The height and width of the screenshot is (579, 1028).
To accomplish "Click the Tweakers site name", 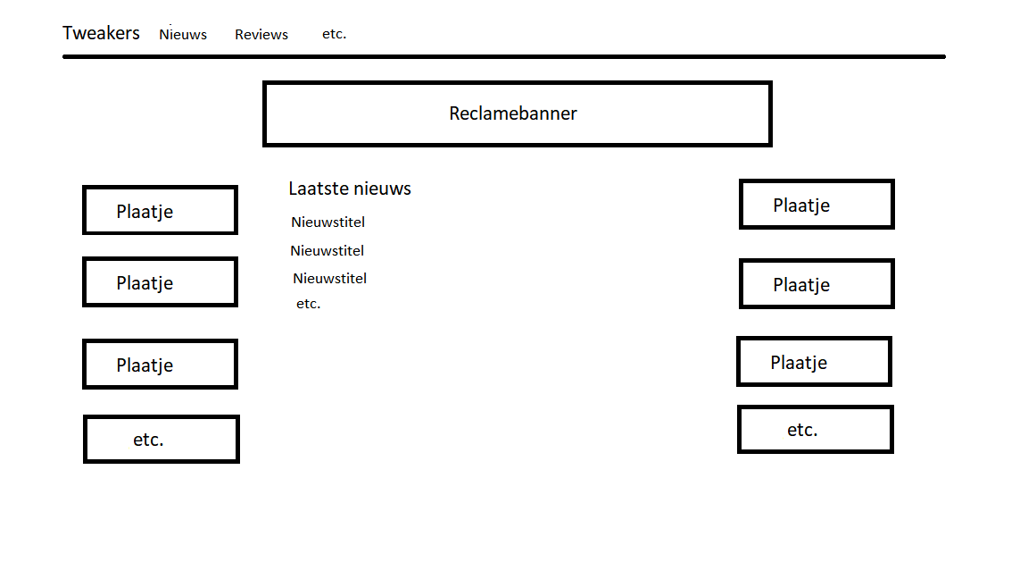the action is pyautogui.click(x=101, y=33).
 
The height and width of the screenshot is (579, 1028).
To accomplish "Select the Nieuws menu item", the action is pyautogui.click(x=183, y=34).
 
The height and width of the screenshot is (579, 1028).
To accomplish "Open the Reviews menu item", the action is pyautogui.click(x=261, y=34).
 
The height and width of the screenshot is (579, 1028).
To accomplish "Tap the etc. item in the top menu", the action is pyautogui.click(x=334, y=33).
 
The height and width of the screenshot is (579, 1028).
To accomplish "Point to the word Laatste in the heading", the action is pyautogui.click(x=320, y=189).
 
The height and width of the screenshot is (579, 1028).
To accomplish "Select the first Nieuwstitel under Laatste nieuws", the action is pyautogui.click(x=327, y=222).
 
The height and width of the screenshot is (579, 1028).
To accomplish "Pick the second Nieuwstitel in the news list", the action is pyautogui.click(x=327, y=250).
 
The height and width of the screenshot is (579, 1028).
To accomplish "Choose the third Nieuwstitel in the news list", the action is pyautogui.click(x=330, y=279).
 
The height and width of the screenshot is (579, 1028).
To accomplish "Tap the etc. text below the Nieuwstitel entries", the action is pyautogui.click(x=308, y=303).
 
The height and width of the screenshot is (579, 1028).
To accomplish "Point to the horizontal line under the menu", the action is pyautogui.click(x=504, y=56).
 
